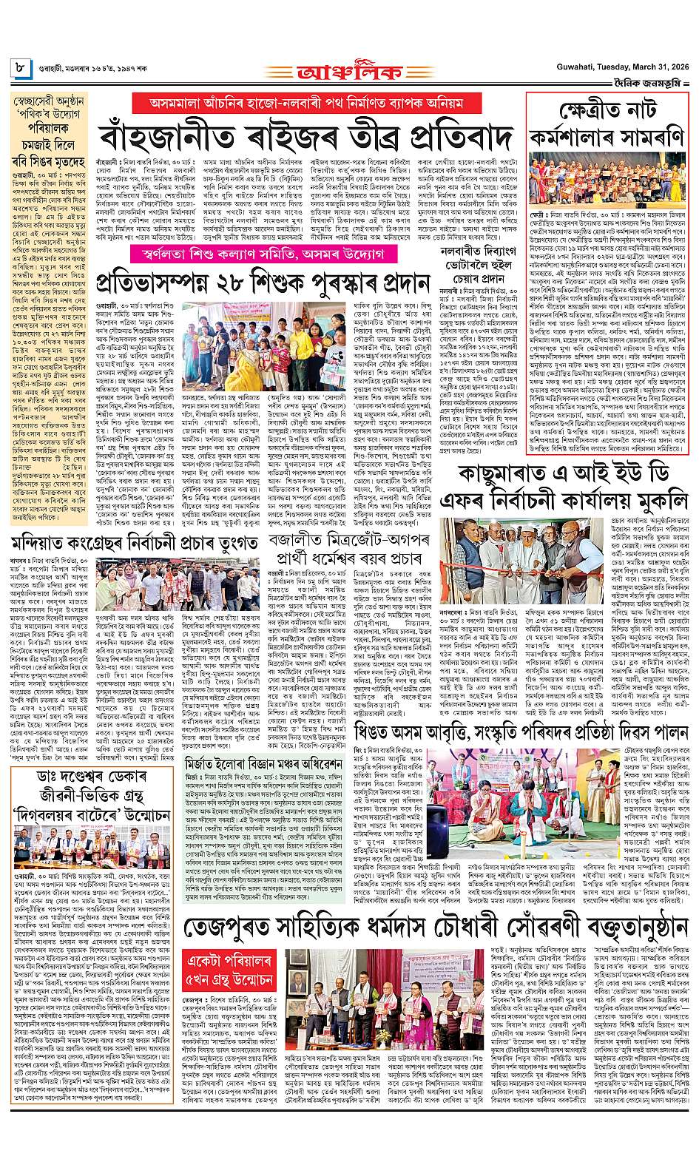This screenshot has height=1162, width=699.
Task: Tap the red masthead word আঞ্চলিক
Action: coord(350,72)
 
